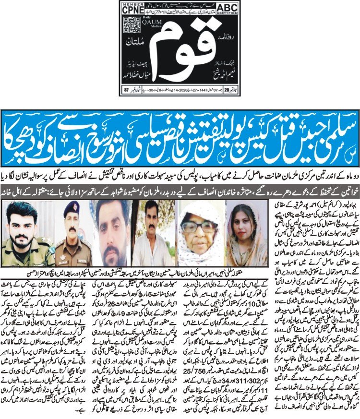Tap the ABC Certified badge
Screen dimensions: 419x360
(231, 9)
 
